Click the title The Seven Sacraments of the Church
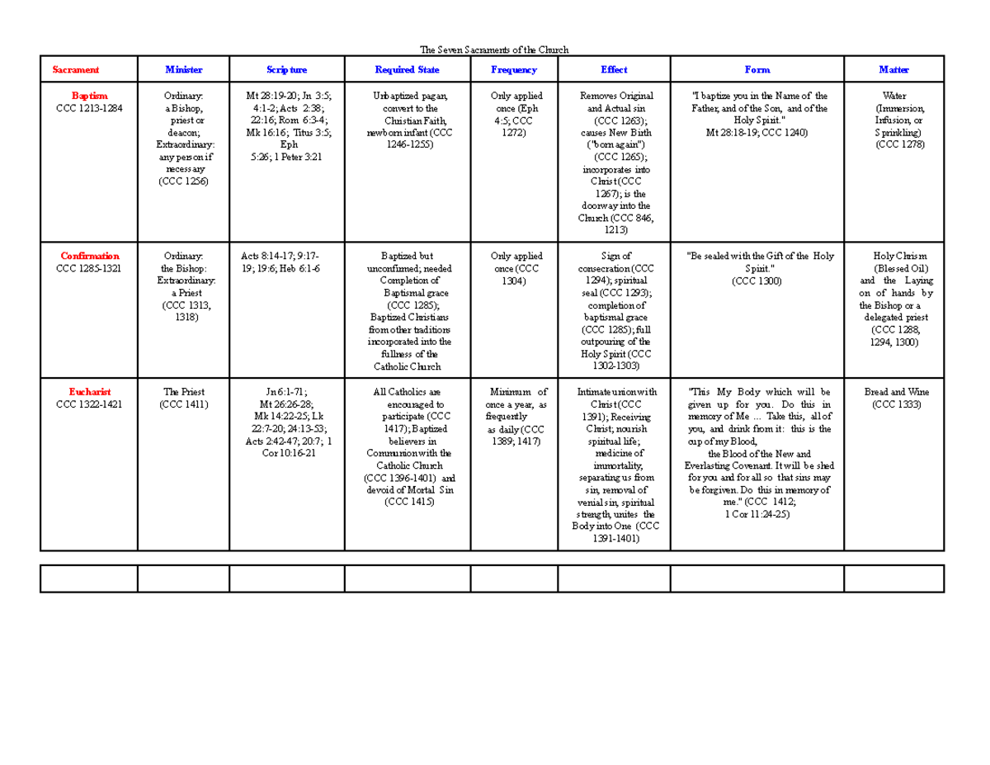click(494, 50)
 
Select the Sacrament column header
click(76, 70)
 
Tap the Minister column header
click(183, 70)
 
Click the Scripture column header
click(286, 70)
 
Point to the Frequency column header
click(513, 70)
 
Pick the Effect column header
click(614, 70)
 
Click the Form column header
click(757, 70)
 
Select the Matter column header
click(893, 70)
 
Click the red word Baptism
click(89, 96)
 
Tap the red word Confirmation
click(89, 256)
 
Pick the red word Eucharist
click(89, 392)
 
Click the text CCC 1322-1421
click(89, 404)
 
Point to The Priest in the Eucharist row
click(184, 392)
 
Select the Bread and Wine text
click(893, 392)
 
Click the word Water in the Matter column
click(893, 96)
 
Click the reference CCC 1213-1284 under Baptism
click(89, 108)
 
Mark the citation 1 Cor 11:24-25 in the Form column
click(757, 513)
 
